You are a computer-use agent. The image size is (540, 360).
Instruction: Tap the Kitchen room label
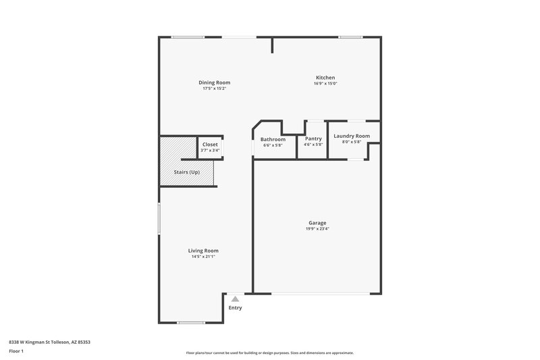point(325,78)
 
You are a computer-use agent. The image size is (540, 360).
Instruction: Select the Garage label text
point(317,223)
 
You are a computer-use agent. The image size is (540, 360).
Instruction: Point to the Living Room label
point(203,251)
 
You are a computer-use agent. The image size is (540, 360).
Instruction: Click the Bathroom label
point(273,139)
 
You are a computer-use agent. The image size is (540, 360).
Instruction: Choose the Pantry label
point(313,139)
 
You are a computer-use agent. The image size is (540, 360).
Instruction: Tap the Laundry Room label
point(352,136)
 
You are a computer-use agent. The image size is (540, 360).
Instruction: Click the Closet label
point(210,144)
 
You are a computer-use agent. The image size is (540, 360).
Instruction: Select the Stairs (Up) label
point(186,172)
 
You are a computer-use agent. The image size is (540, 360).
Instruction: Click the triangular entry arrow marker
point(235,298)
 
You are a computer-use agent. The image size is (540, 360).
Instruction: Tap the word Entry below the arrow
point(235,308)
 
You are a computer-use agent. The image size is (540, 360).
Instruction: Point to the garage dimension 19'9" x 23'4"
point(317,229)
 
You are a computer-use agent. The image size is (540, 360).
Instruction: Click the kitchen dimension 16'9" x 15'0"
point(325,84)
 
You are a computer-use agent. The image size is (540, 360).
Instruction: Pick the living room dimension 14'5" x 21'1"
point(203,257)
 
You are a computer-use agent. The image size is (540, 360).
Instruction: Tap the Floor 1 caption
point(17,351)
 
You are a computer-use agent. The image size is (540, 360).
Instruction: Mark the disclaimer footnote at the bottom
point(270,353)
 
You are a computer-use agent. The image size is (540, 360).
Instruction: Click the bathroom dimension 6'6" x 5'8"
point(273,145)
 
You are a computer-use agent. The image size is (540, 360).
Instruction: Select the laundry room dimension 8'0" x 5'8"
point(352,141)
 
